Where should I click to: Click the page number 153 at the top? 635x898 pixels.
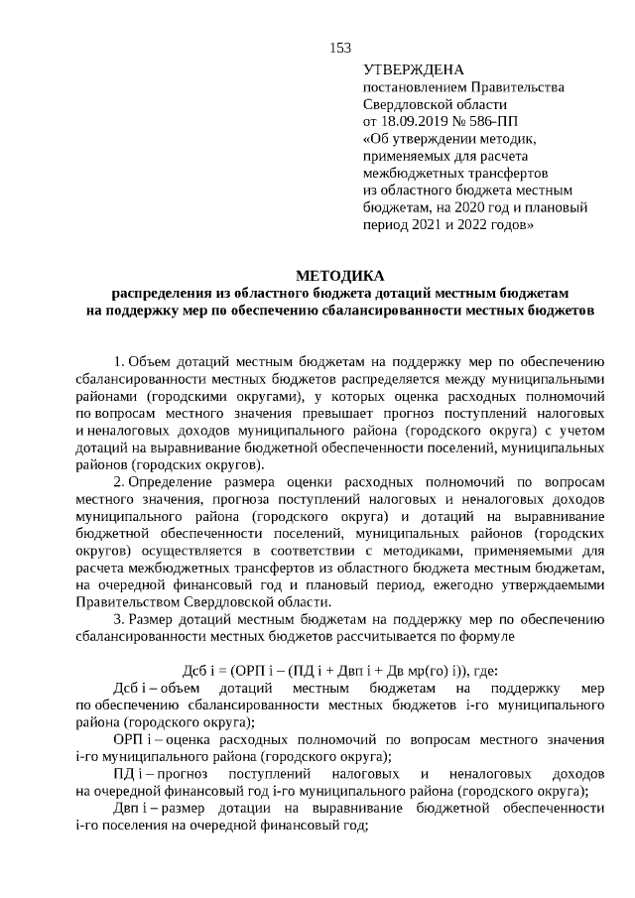tap(340, 48)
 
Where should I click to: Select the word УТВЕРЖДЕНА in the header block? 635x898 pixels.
tap(414, 69)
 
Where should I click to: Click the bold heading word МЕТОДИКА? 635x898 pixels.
tap(339, 276)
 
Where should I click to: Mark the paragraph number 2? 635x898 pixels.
tap(119, 481)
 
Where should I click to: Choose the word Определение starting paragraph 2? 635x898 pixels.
tap(174, 481)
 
